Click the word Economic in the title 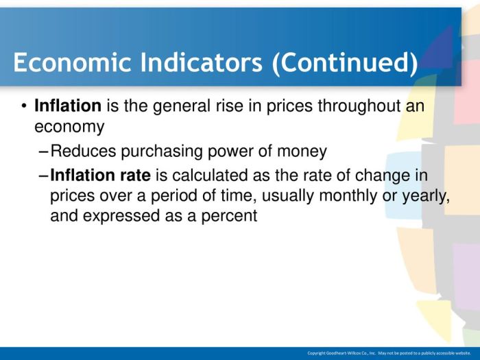coord(72,62)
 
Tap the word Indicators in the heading coord(202,62)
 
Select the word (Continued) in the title coord(345,63)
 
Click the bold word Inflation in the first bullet coord(68,106)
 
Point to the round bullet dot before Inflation coord(24,106)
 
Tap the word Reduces coord(83,151)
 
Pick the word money coord(302,152)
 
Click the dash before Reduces coord(44,152)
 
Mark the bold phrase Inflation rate coord(100,175)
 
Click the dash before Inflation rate coord(44,176)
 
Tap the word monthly coord(348,196)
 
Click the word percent coord(229,216)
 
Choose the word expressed coord(121,216)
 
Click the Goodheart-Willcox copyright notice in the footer coord(389,353)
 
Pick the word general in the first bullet coord(181,106)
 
